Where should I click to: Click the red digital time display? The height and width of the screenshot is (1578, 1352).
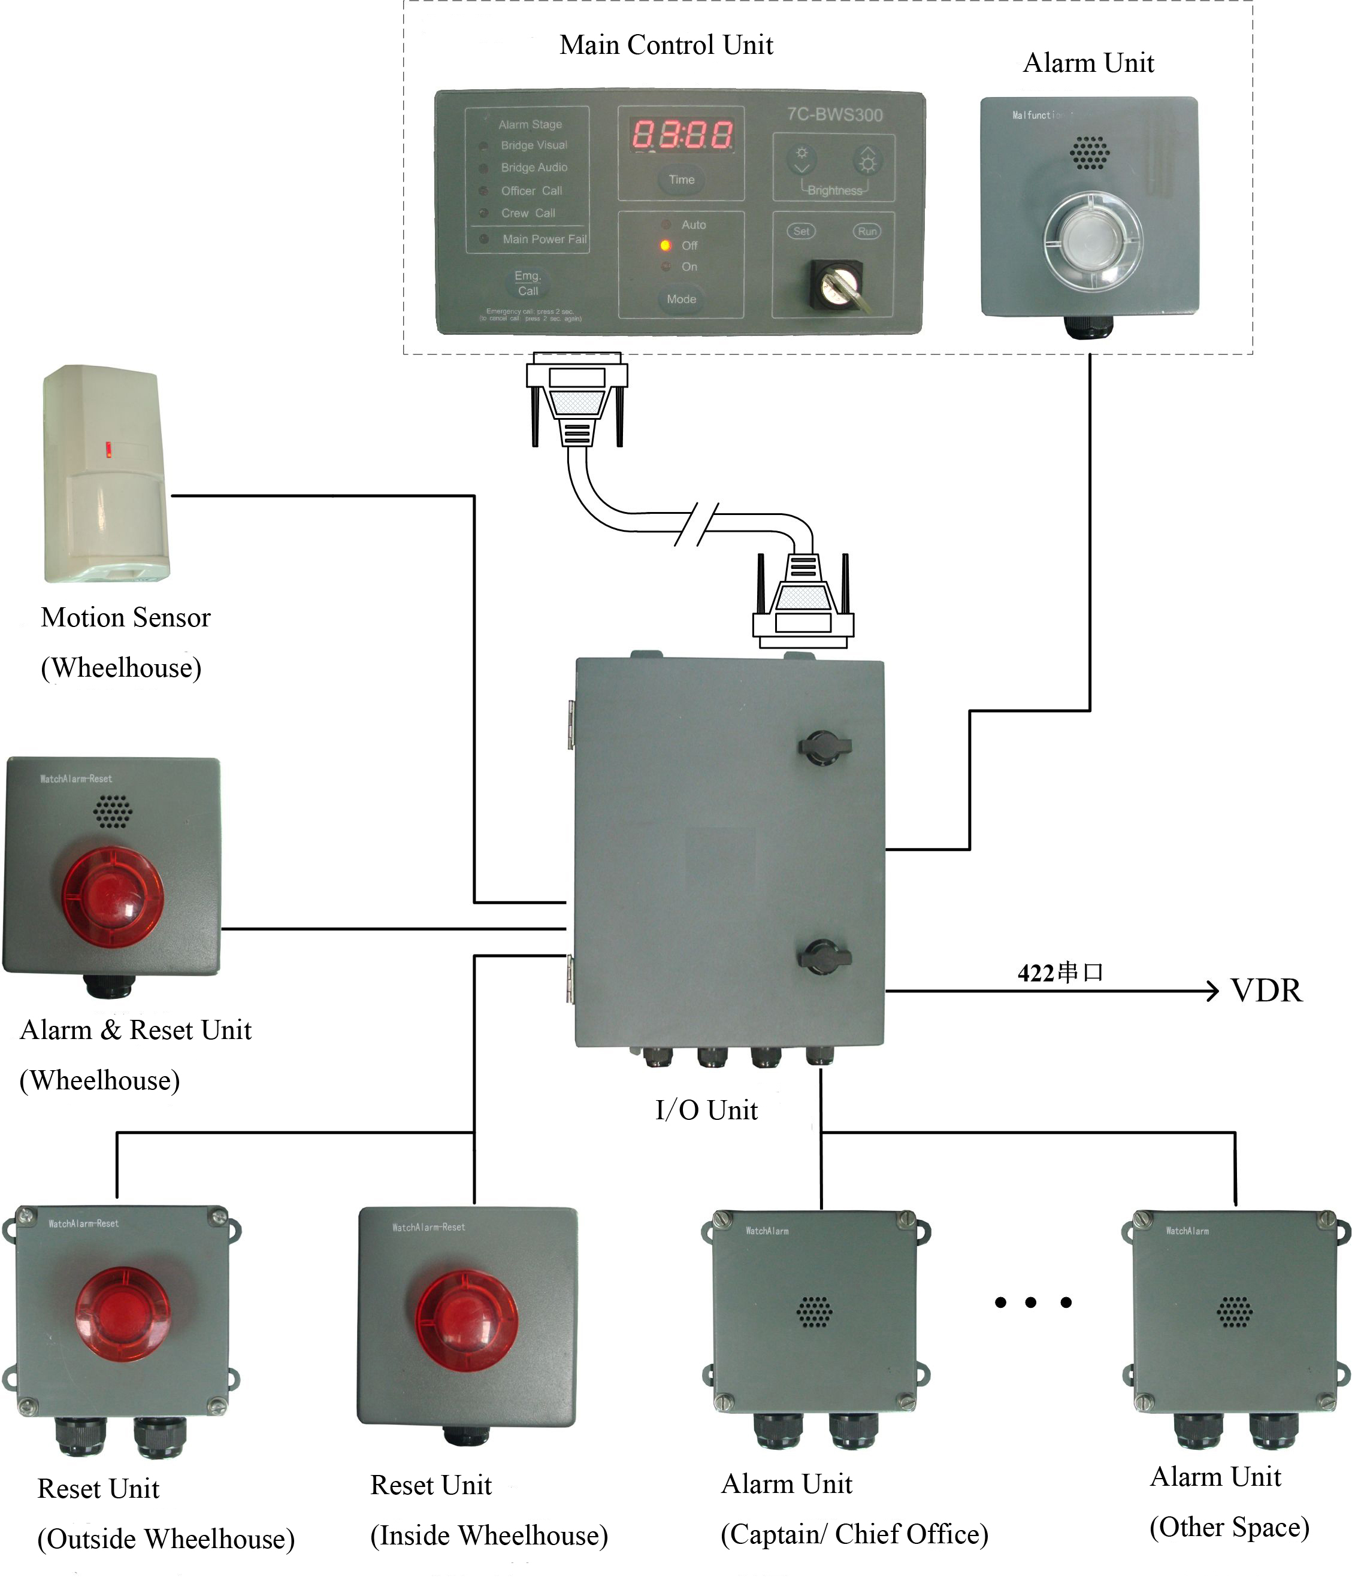click(682, 135)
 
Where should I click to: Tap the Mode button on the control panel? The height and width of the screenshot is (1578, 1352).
click(681, 299)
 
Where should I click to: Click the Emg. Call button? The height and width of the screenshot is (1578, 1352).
click(527, 283)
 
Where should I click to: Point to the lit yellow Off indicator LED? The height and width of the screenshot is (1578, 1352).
click(665, 245)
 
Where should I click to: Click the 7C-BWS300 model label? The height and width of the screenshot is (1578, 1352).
click(835, 115)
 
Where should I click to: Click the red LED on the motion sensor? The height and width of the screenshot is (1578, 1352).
click(108, 449)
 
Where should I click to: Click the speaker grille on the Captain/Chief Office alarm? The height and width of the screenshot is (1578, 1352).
click(814, 1312)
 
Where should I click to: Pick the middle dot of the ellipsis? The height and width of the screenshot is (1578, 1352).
click(1030, 1303)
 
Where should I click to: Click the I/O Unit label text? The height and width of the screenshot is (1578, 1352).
click(706, 1110)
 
